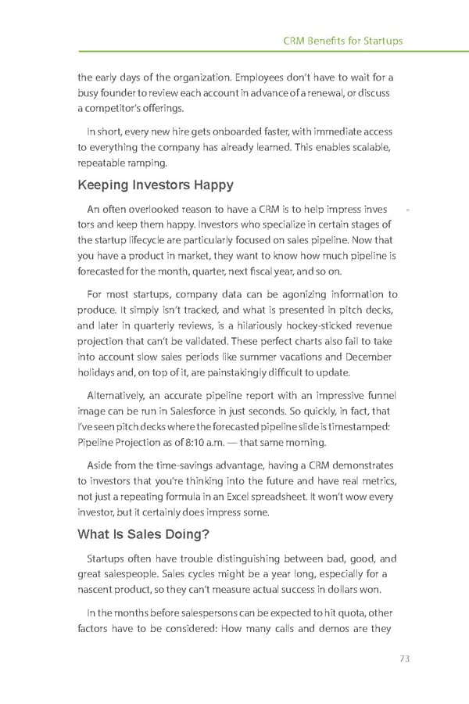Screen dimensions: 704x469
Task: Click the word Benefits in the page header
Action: [333, 41]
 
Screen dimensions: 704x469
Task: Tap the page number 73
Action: [403, 658]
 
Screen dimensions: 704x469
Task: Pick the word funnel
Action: [381, 395]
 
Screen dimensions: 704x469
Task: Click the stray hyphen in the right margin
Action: [410, 209]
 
